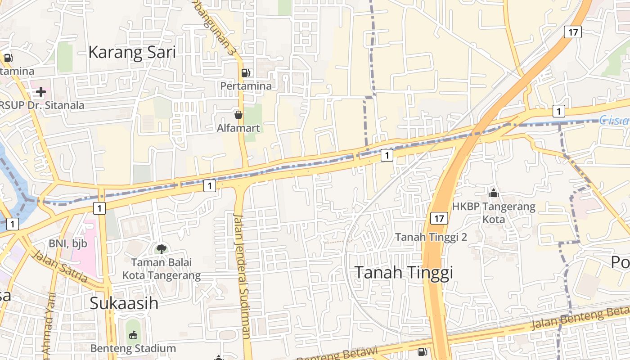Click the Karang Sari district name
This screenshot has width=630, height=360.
click(x=132, y=52)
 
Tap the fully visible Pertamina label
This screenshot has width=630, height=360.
click(x=246, y=85)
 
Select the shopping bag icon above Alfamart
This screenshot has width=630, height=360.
click(x=238, y=115)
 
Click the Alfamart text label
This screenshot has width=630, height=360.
click(x=238, y=128)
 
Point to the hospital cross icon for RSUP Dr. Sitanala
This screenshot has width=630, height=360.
click(x=41, y=92)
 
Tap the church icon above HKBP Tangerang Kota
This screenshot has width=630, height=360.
click(x=494, y=193)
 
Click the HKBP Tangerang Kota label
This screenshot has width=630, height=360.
click(x=494, y=213)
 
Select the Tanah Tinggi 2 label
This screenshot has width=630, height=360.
click(x=431, y=237)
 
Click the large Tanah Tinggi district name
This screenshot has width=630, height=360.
click(x=404, y=272)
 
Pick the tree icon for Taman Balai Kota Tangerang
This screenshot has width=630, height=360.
click(x=161, y=248)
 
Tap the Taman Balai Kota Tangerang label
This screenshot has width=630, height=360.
click(x=161, y=269)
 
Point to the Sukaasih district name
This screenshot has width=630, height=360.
click(x=124, y=303)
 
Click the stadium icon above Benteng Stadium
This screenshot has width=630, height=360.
click(x=133, y=335)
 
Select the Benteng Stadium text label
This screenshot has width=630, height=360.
click(x=133, y=348)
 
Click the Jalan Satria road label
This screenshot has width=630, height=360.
click(x=60, y=267)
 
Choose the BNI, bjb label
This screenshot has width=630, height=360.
click(x=68, y=243)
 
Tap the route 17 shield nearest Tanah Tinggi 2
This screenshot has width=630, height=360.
click(x=439, y=219)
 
